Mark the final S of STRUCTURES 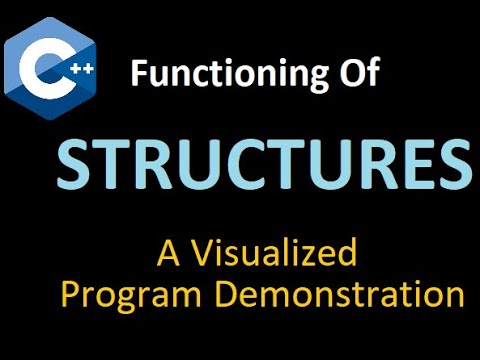pyautogui.click(x=451, y=163)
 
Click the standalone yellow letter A pyautogui.click(x=168, y=254)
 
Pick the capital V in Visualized pyautogui.click(x=200, y=254)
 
